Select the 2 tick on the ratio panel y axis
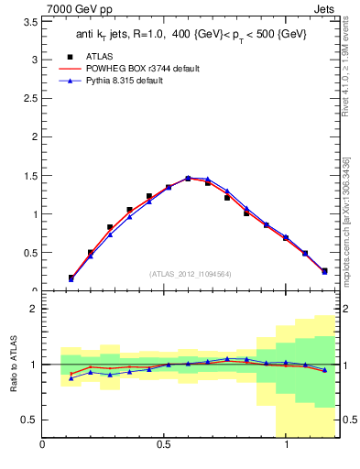click(x=33, y=309)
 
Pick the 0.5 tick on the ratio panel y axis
click(x=28, y=420)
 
